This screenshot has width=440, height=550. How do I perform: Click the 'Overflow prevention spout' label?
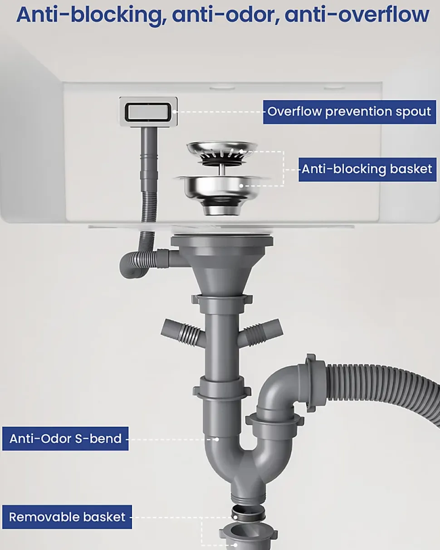(x=349, y=112)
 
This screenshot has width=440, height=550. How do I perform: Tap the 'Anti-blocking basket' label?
(x=367, y=170)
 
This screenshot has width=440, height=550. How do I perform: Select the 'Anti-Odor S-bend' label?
(x=65, y=438)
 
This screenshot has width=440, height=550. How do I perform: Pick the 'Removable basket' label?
(x=67, y=517)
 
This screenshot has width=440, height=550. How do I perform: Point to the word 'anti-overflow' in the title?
(x=357, y=15)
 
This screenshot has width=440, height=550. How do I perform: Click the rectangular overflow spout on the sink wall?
(x=148, y=112)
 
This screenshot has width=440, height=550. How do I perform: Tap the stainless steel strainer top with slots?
(x=222, y=153)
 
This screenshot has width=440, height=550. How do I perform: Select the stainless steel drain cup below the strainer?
(x=221, y=194)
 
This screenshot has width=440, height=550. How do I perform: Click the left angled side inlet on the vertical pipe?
(x=182, y=332)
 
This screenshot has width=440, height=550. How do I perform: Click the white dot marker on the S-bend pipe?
(x=217, y=439)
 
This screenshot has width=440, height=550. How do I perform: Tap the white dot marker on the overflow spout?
(x=174, y=112)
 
